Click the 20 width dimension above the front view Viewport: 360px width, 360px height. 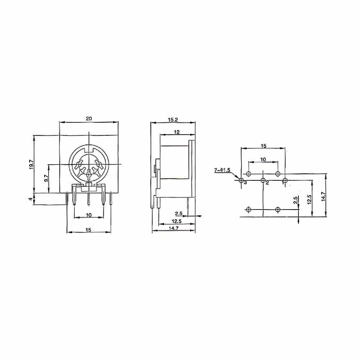[89, 118]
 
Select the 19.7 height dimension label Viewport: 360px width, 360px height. [31, 165]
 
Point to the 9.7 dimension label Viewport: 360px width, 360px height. [46, 178]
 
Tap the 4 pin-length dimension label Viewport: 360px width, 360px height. [31, 199]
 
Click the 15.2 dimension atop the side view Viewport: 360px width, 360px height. [173, 120]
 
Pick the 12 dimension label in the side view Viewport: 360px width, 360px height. [177, 132]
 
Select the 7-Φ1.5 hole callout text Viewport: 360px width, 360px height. [222, 170]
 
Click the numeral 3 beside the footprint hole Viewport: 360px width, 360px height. [245, 183]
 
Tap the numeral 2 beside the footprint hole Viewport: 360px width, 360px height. [267, 183]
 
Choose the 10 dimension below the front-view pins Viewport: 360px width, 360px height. [89, 215]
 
